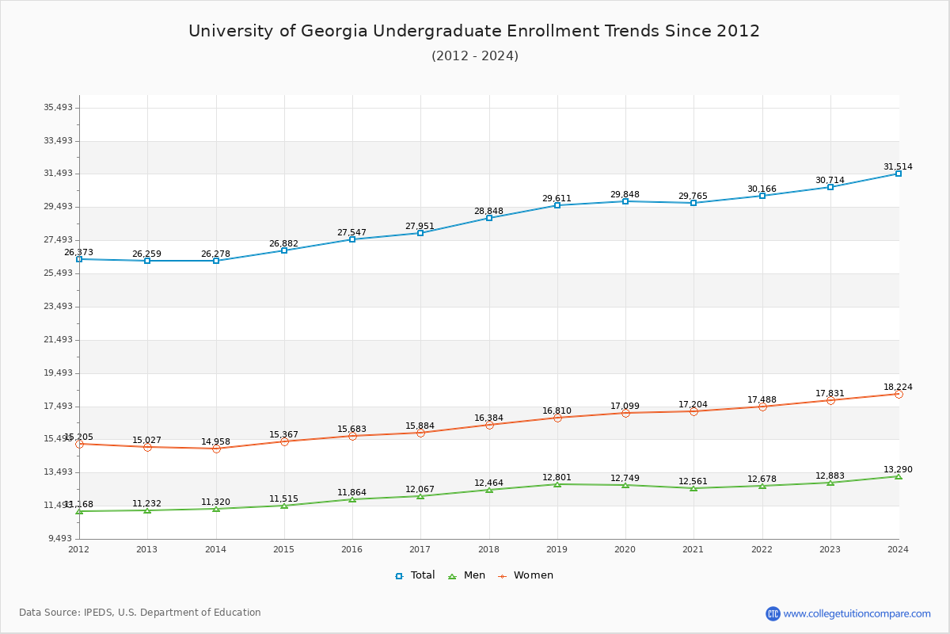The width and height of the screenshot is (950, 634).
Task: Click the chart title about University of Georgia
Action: (473, 32)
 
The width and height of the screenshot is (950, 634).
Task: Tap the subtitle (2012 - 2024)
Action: (474, 56)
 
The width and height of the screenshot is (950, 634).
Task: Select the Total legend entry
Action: (415, 575)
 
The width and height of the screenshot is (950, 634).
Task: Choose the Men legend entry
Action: (467, 575)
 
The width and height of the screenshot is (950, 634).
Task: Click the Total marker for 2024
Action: (899, 174)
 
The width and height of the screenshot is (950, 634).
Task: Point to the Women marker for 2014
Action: (216, 449)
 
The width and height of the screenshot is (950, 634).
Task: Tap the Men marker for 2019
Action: (557, 484)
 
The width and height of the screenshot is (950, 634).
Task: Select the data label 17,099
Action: (625, 407)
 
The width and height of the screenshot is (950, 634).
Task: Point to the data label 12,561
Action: (693, 482)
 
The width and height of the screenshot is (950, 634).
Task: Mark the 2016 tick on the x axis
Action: (352, 549)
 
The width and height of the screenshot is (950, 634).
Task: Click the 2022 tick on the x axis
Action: (762, 549)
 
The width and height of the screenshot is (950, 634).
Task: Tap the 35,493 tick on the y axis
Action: (58, 108)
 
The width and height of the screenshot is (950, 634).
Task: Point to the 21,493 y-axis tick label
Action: (58, 340)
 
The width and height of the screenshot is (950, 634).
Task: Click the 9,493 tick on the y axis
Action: (60, 539)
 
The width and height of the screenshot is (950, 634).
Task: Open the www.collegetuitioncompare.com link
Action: (857, 613)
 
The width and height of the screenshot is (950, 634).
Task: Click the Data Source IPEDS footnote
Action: (140, 613)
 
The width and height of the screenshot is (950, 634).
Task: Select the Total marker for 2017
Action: (420, 233)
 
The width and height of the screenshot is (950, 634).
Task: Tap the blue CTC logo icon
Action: (773, 613)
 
